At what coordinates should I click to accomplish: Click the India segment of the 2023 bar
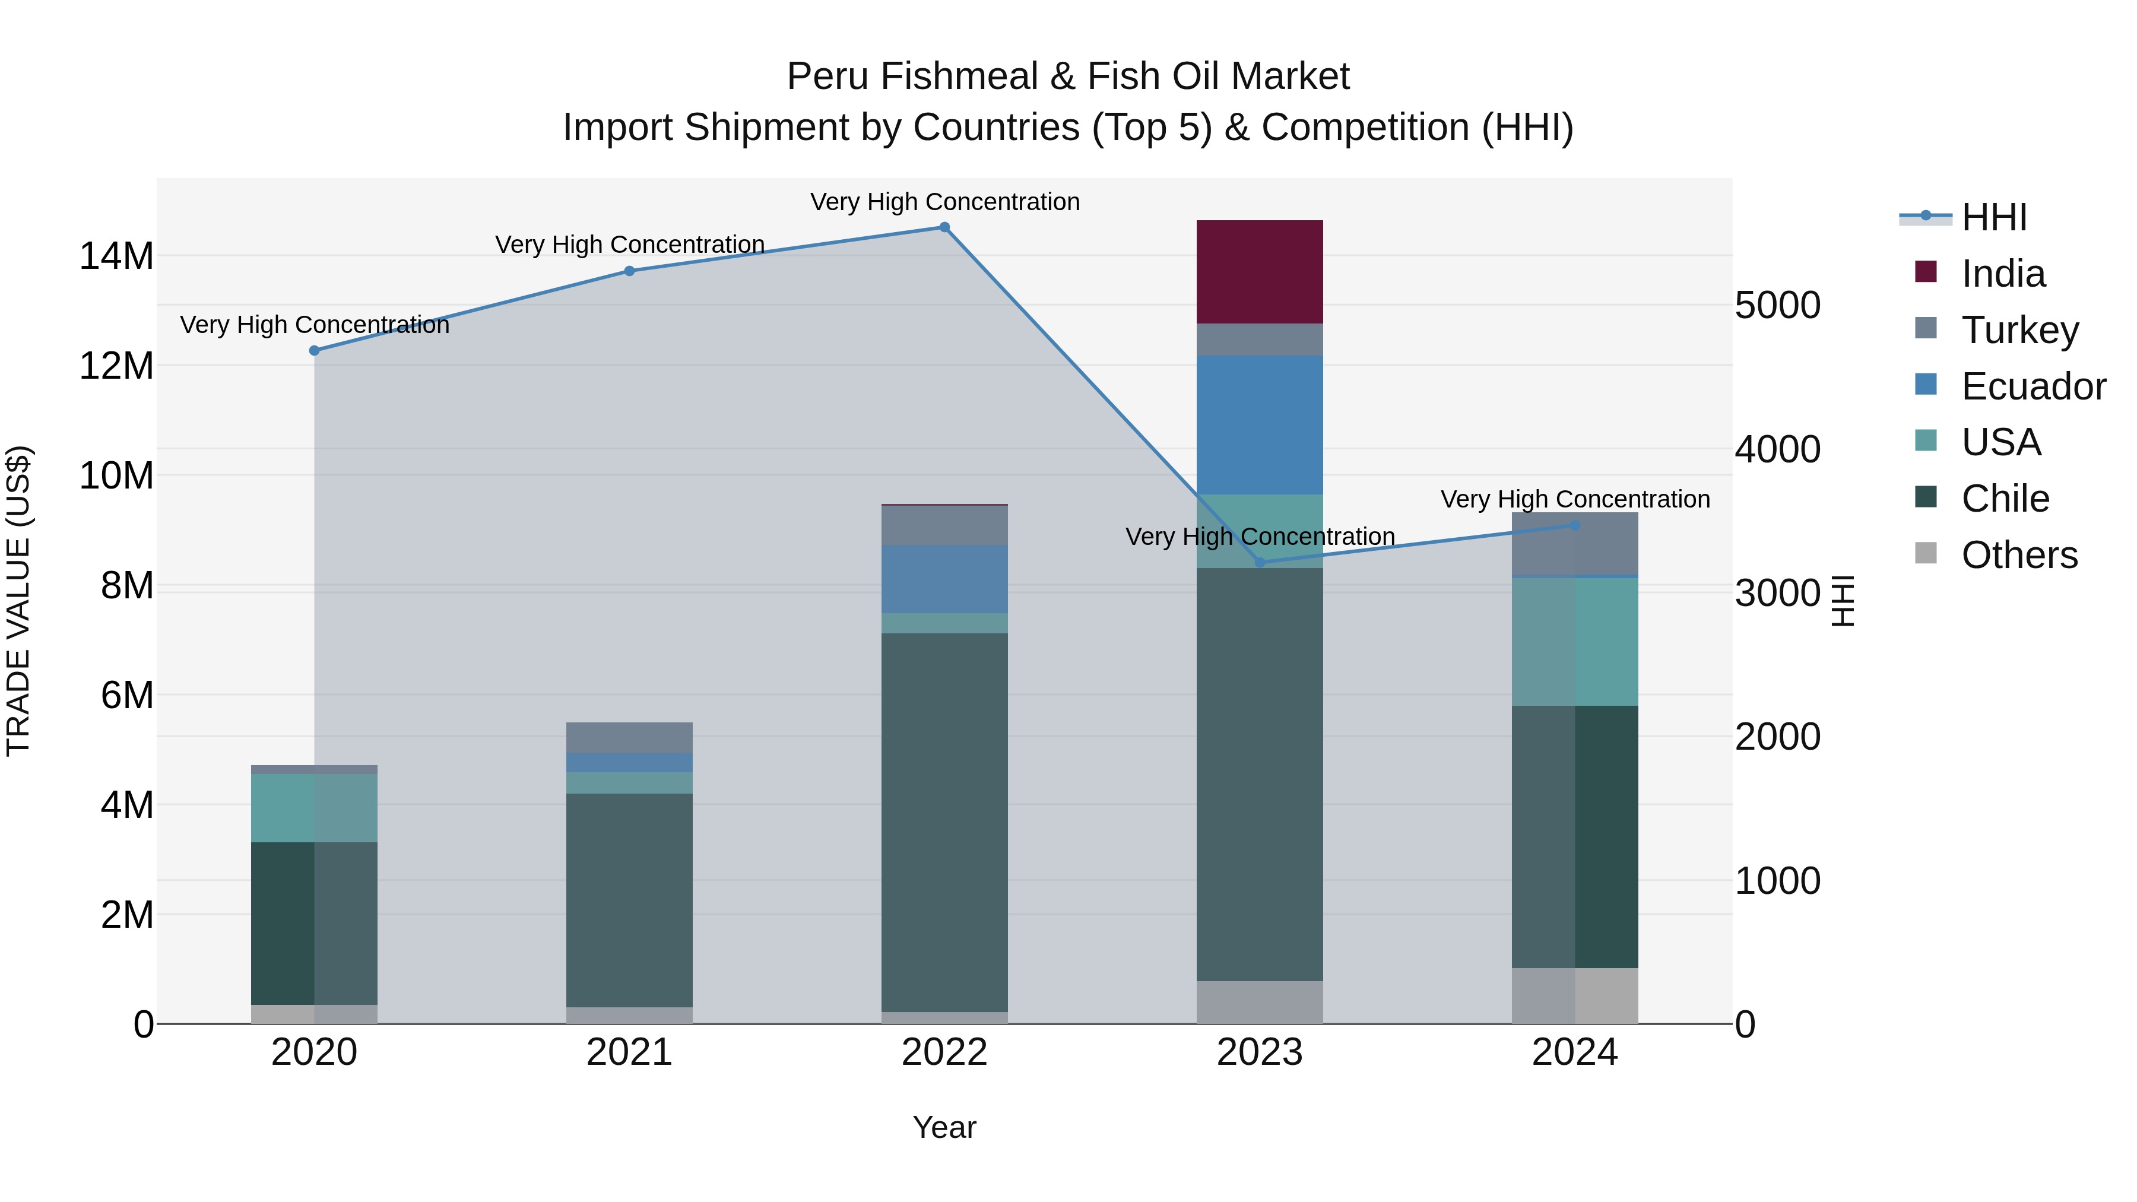coord(1259,272)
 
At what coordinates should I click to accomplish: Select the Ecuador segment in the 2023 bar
coord(1259,425)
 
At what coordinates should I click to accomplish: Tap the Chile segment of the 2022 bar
coord(944,822)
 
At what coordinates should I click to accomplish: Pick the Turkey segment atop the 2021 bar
coord(629,737)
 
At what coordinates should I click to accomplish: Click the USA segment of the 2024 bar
coord(1574,641)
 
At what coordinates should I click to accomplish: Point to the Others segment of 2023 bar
coord(1259,1002)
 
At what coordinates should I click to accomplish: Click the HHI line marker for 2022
coord(944,227)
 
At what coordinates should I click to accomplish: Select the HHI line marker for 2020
coord(315,351)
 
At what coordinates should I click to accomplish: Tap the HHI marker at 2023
coord(1259,563)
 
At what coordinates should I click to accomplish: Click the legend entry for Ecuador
coord(2033,386)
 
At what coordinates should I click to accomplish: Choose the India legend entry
coord(2003,274)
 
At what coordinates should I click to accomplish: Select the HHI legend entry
coord(1993,217)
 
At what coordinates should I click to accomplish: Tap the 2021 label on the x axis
coord(629,1052)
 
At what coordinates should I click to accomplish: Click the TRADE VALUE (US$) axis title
coord(19,601)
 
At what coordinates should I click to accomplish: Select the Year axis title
coord(944,1127)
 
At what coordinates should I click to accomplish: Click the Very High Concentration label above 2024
coord(1574,499)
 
